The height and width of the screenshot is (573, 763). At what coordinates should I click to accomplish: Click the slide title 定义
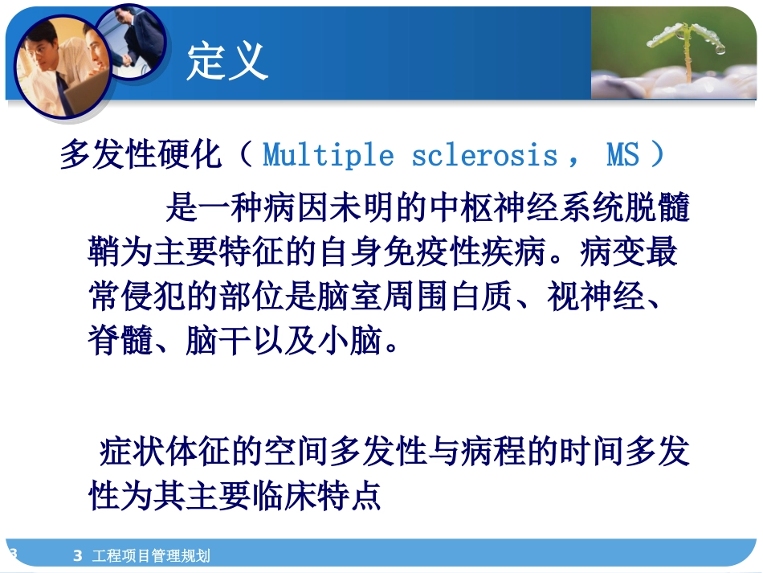pos(227,60)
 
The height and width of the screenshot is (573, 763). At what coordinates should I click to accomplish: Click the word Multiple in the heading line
pos(328,154)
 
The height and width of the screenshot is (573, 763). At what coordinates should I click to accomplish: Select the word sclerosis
pos(484,154)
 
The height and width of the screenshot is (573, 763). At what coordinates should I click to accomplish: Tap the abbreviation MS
pos(623,154)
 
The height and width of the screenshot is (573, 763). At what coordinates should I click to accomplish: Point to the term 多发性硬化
pos(141,155)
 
